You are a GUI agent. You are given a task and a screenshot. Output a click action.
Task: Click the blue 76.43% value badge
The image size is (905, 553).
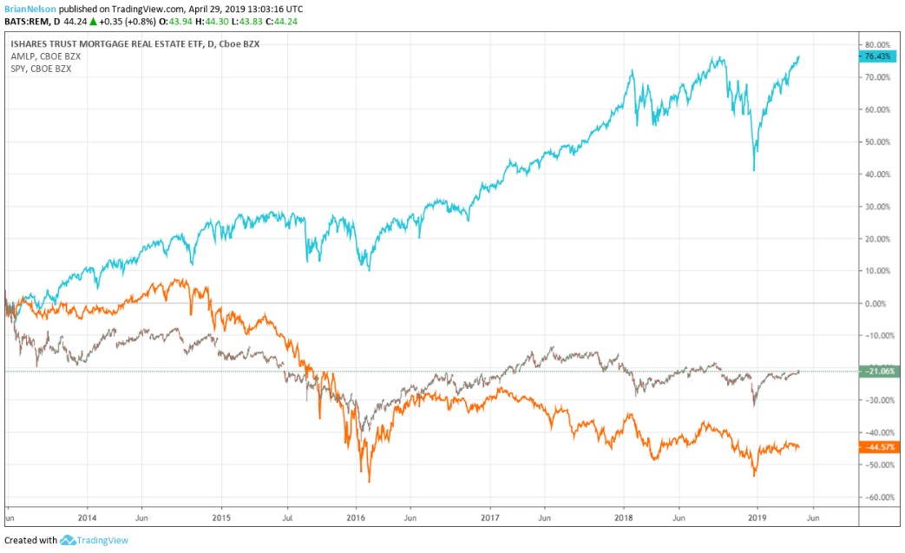click(x=878, y=56)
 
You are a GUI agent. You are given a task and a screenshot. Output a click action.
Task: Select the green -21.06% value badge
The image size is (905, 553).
click(x=878, y=372)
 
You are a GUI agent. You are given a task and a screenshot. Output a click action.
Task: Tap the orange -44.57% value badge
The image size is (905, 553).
click(x=878, y=447)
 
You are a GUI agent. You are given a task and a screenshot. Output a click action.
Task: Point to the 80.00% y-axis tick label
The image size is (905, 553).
click(x=877, y=44)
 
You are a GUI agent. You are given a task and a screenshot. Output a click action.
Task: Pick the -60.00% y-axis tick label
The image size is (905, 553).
click(x=877, y=497)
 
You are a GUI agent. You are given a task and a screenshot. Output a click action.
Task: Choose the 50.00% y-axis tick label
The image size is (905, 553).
click(x=877, y=142)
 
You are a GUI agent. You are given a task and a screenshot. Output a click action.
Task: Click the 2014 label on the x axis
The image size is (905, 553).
click(x=87, y=513)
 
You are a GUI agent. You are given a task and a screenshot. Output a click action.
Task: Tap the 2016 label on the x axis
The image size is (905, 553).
click(x=355, y=513)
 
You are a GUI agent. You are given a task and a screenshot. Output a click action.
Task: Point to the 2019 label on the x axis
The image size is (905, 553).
click(x=757, y=513)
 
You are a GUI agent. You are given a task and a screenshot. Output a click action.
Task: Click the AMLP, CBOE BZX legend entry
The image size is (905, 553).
click(x=46, y=56)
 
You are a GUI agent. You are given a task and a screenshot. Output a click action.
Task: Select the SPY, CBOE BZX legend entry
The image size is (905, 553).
click(x=42, y=69)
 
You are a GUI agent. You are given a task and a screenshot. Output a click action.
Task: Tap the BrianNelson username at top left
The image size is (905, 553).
click(x=30, y=8)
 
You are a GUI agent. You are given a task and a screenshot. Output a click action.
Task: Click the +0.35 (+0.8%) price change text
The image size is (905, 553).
click(x=115, y=22)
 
